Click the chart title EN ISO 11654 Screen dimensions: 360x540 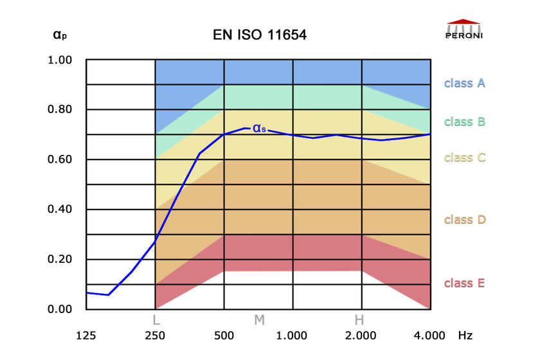(259, 35)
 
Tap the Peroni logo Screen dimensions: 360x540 (464, 30)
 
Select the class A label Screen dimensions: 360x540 (464, 83)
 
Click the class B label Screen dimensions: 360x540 (464, 121)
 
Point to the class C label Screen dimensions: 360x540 (464, 157)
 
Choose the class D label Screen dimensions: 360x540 (464, 219)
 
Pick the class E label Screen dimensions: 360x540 (464, 283)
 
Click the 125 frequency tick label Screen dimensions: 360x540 (86, 336)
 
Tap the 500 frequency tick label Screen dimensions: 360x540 (224, 336)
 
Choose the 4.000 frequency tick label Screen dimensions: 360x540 (429, 336)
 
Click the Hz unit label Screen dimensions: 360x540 (465, 336)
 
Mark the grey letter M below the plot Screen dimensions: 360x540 (259, 319)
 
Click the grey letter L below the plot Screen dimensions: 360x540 (156, 319)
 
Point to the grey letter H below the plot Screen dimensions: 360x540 (359, 319)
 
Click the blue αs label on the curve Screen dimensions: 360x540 (259, 128)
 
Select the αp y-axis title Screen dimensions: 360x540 (59, 35)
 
